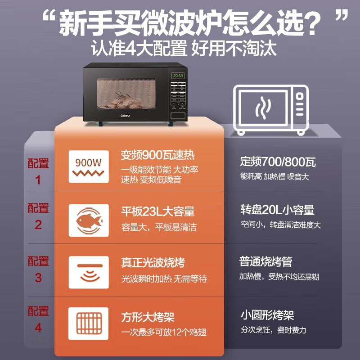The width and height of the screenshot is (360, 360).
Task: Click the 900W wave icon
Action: coord(89,166)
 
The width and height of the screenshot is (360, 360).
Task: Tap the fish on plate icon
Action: coord(89,220)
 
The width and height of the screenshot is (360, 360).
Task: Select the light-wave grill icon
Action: coord(89,272)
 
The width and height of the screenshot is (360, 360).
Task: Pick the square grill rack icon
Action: coord(89,323)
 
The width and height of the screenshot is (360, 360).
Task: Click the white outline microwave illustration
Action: coord(271,109)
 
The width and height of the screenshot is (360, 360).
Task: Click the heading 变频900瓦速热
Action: coord(157,156)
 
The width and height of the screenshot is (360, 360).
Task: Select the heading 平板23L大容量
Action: coord(157,211)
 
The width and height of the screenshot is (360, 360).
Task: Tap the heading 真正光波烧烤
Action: coord(153,262)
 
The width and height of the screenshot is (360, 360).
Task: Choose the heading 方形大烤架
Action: coord(147,317)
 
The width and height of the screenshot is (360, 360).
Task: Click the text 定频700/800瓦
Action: coord(278,161)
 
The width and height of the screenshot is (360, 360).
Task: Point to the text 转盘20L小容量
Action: coord(277,210)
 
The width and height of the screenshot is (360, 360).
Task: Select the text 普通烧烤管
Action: coord(265,262)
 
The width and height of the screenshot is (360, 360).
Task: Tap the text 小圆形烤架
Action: coord(266,315)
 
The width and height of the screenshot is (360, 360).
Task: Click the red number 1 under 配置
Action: coord(38,180)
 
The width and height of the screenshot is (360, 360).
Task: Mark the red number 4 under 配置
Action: coord(38,328)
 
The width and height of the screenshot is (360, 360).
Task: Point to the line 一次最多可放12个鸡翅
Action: coord(164,332)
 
